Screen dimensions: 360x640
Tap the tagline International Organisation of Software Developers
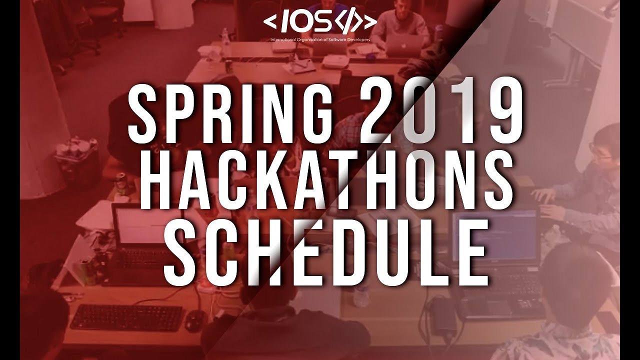pyautogui.click(x=320, y=39)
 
